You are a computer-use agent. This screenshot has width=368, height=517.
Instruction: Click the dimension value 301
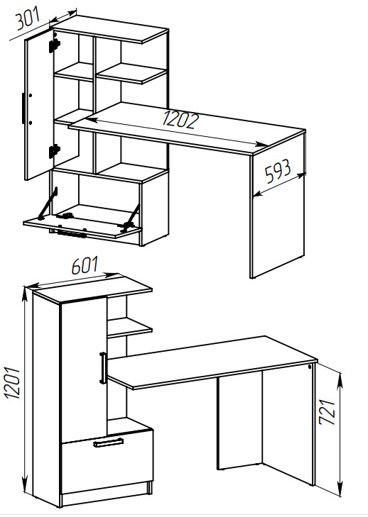pyautogui.click(x=28, y=18)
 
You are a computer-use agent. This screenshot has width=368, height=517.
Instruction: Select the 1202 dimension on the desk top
pyautogui.click(x=180, y=120)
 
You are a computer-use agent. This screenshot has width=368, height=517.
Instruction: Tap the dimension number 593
pyautogui.click(x=278, y=171)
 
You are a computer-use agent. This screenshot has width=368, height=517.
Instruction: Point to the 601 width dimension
pyautogui.click(x=85, y=265)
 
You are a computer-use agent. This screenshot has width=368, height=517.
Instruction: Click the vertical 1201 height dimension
pyautogui.click(x=13, y=382)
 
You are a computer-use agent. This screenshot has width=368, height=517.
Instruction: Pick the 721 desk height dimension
pyautogui.click(x=328, y=412)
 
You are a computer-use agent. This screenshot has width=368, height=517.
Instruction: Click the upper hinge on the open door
pyautogui.click(x=55, y=45)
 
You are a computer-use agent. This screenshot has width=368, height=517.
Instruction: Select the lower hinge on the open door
pyautogui.click(x=54, y=150)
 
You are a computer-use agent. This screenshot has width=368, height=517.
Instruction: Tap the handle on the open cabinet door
pyautogui.click(x=23, y=109)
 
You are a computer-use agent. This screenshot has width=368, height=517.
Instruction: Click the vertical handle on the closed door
pyautogui.click(x=103, y=367)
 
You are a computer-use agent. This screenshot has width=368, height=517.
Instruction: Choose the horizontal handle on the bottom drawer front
pyautogui.click(x=109, y=443)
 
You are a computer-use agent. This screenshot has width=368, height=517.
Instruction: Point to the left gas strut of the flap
pyautogui.click(x=47, y=204)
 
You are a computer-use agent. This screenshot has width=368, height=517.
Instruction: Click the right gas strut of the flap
pyautogui.click(x=131, y=216)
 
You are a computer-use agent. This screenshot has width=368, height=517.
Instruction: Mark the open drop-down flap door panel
pyautogui.click(x=82, y=225)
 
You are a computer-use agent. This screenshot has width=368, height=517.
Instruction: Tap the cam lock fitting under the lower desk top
pyautogui.click(x=310, y=367)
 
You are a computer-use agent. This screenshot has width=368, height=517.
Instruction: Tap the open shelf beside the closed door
pyautogui.click(x=130, y=328)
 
